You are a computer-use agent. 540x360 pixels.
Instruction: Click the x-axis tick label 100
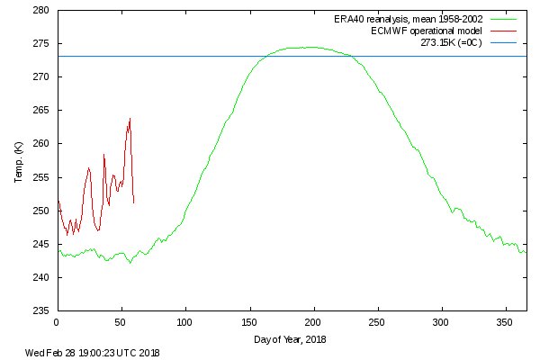click(184, 321)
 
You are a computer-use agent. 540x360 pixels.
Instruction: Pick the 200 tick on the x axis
click(313, 321)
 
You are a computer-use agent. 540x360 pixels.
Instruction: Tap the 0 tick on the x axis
click(57, 321)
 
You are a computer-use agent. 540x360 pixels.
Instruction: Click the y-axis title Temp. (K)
click(18, 161)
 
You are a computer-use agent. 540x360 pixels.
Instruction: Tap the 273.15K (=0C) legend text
click(453, 42)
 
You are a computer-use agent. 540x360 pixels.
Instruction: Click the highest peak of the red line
click(130, 118)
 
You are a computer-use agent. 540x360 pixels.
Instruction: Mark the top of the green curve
click(310, 47)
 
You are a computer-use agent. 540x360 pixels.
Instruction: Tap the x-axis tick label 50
click(121, 321)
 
